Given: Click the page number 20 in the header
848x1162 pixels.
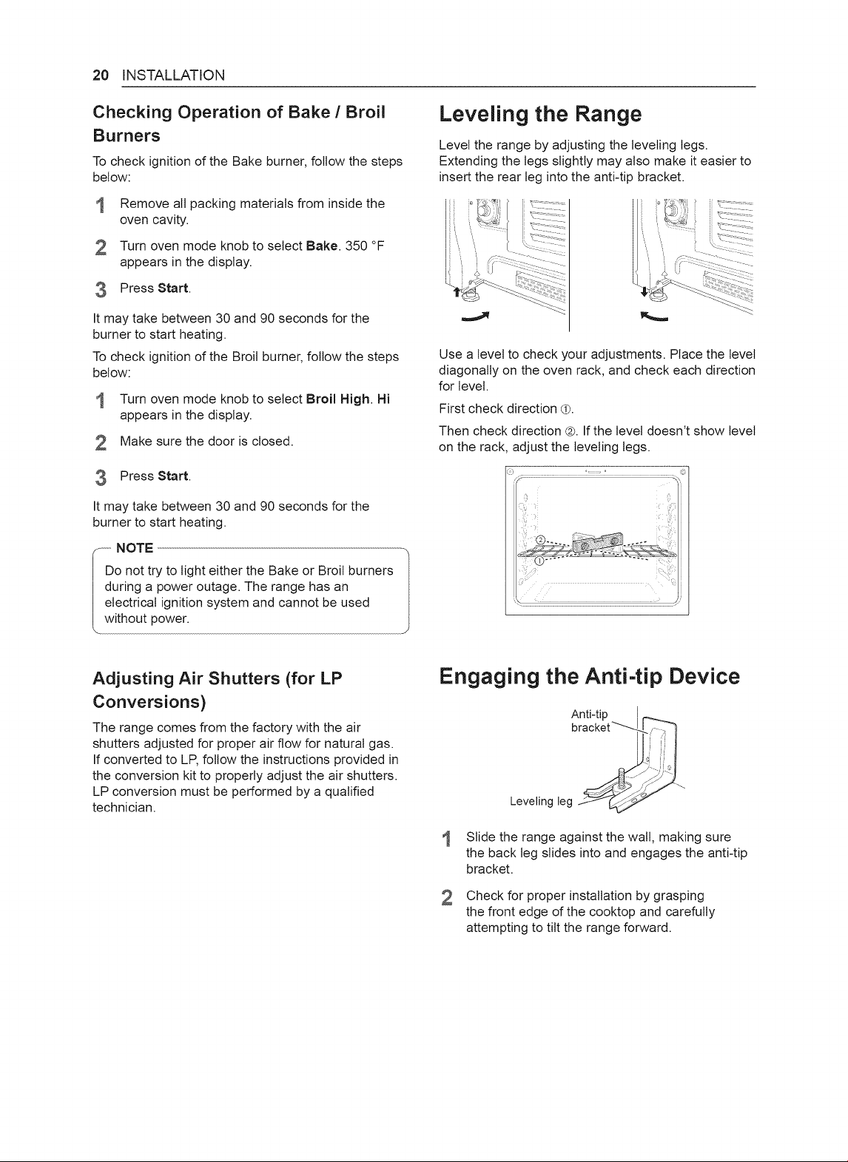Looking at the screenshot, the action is pyautogui.click(x=101, y=75).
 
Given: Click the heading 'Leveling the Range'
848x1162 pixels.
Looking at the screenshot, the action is pyautogui.click(x=540, y=114).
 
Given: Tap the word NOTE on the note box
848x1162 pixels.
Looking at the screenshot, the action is pyautogui.click(x=135, y=548).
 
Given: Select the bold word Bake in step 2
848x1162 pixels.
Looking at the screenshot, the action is pyautogui.click(x=322, y=246).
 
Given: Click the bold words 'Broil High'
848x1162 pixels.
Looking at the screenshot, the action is pyautogui.click(x=338, y=399).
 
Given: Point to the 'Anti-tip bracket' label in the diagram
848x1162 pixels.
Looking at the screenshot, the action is pyautogui.click(x=590, y=721).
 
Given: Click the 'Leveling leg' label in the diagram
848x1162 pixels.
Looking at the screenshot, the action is pyautogui.click(x=541, y=802).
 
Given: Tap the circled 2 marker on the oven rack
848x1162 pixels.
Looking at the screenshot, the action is pyautogui.click(x=540, y=539).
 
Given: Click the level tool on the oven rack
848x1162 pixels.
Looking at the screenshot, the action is pyautogui.click(x=596, y=543).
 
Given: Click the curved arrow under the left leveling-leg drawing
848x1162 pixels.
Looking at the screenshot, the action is pyautogui.click(x=476, y=317).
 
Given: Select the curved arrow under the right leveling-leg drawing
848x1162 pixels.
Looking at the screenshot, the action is pyautogui.click(x=654, y=317).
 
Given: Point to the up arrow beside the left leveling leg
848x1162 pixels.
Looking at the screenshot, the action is pyautogui.click(x=457, y=291).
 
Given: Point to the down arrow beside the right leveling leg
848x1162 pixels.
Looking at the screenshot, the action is pyautogui.click(x=644, y=291).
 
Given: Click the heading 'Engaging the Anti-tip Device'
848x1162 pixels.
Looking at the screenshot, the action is pyautogui.click(x=590, y=677).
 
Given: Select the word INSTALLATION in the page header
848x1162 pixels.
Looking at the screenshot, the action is pyautogui.click(x=173, y=75).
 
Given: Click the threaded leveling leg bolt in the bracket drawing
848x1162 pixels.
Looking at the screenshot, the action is pyautogui.click(x=621, y=779).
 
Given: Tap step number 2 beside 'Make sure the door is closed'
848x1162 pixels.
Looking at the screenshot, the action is pyautogui.click(x=101, y=442).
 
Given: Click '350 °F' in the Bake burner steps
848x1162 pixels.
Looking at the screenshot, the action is pyautogui.click(x=364, y=246).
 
